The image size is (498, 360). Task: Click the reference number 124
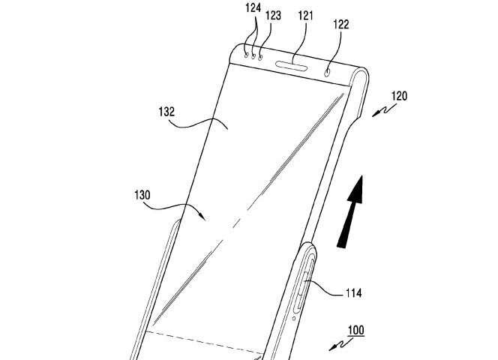point(253,8)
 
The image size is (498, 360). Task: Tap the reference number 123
point(273,15)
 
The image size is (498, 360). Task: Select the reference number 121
point(305,16)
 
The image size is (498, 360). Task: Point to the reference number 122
point(341,25)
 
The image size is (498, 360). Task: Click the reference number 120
point(399,96)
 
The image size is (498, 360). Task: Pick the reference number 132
point(166,112)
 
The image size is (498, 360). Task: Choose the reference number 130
point(142,195)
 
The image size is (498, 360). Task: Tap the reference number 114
point(353,292)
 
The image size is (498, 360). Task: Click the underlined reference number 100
point(355,331)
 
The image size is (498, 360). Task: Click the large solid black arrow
point(351,211)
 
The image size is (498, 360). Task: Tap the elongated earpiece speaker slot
point(292,65)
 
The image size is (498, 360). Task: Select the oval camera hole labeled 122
point(327,73)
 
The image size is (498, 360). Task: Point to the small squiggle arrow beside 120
point(384,111)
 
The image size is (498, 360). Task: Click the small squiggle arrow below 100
point(340,345)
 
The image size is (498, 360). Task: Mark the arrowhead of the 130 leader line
point(203,217)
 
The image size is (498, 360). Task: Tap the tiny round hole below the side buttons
point(294,318)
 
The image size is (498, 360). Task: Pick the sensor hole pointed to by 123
point(260,58)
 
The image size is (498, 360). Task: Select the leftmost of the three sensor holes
point(247,55)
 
